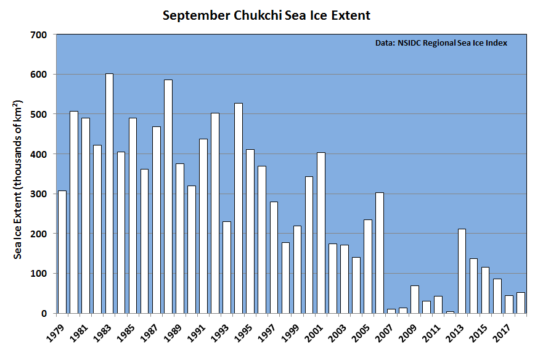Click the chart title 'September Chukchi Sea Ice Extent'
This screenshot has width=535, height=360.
[x=267, y=15]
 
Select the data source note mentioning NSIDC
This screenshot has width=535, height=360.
[x=441, y=44]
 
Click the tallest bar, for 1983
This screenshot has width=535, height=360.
[x=109, y=193]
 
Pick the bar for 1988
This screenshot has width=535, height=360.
[x=168, y=196]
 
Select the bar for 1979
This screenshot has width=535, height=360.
[x=62, y=252]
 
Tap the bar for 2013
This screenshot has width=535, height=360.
[x=462, y=271]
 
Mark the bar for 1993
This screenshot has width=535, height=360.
[x=226, y=267]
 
